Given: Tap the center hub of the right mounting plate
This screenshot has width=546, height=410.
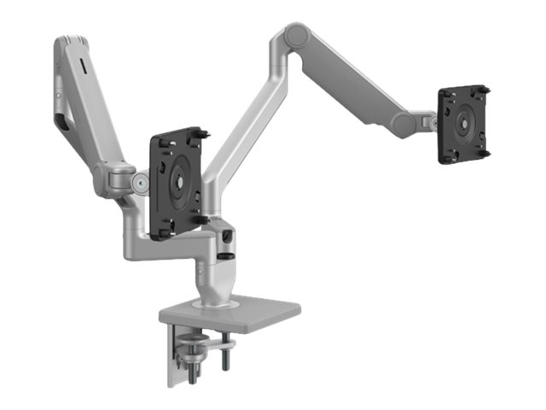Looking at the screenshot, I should (463, 122).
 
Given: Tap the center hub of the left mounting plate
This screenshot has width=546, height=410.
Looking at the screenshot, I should (178, 182).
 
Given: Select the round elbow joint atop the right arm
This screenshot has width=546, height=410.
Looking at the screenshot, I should (297, 36).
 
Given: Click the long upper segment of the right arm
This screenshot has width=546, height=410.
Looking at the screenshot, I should (358, 77).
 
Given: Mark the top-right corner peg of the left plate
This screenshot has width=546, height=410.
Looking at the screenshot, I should (205, 132).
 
